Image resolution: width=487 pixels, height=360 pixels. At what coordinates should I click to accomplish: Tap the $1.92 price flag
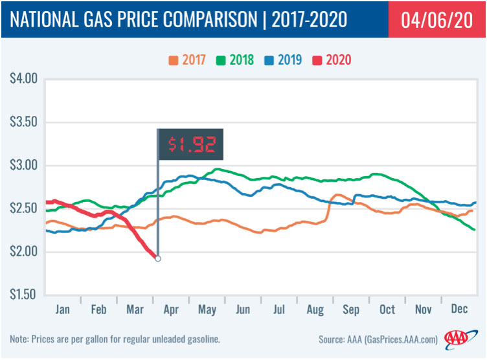click(191, 143)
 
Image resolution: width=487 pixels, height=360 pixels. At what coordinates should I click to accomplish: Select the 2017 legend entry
click(187, 60)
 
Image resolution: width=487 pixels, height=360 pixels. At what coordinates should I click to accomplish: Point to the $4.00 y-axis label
click(24, 79)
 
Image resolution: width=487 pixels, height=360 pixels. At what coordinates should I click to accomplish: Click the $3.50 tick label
click(24, 122)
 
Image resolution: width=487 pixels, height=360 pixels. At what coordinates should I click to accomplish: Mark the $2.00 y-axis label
click(24, 251)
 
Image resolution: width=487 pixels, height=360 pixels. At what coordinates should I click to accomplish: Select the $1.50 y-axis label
click(24, 295)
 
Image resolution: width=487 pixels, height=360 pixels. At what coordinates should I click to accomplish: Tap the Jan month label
click(62, 310)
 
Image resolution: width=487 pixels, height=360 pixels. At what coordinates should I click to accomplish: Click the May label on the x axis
click(208, 310)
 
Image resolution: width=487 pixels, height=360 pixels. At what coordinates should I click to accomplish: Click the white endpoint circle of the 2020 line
click(157, 258)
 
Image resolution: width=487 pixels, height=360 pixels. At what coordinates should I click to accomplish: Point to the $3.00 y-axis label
click(24, 165)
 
